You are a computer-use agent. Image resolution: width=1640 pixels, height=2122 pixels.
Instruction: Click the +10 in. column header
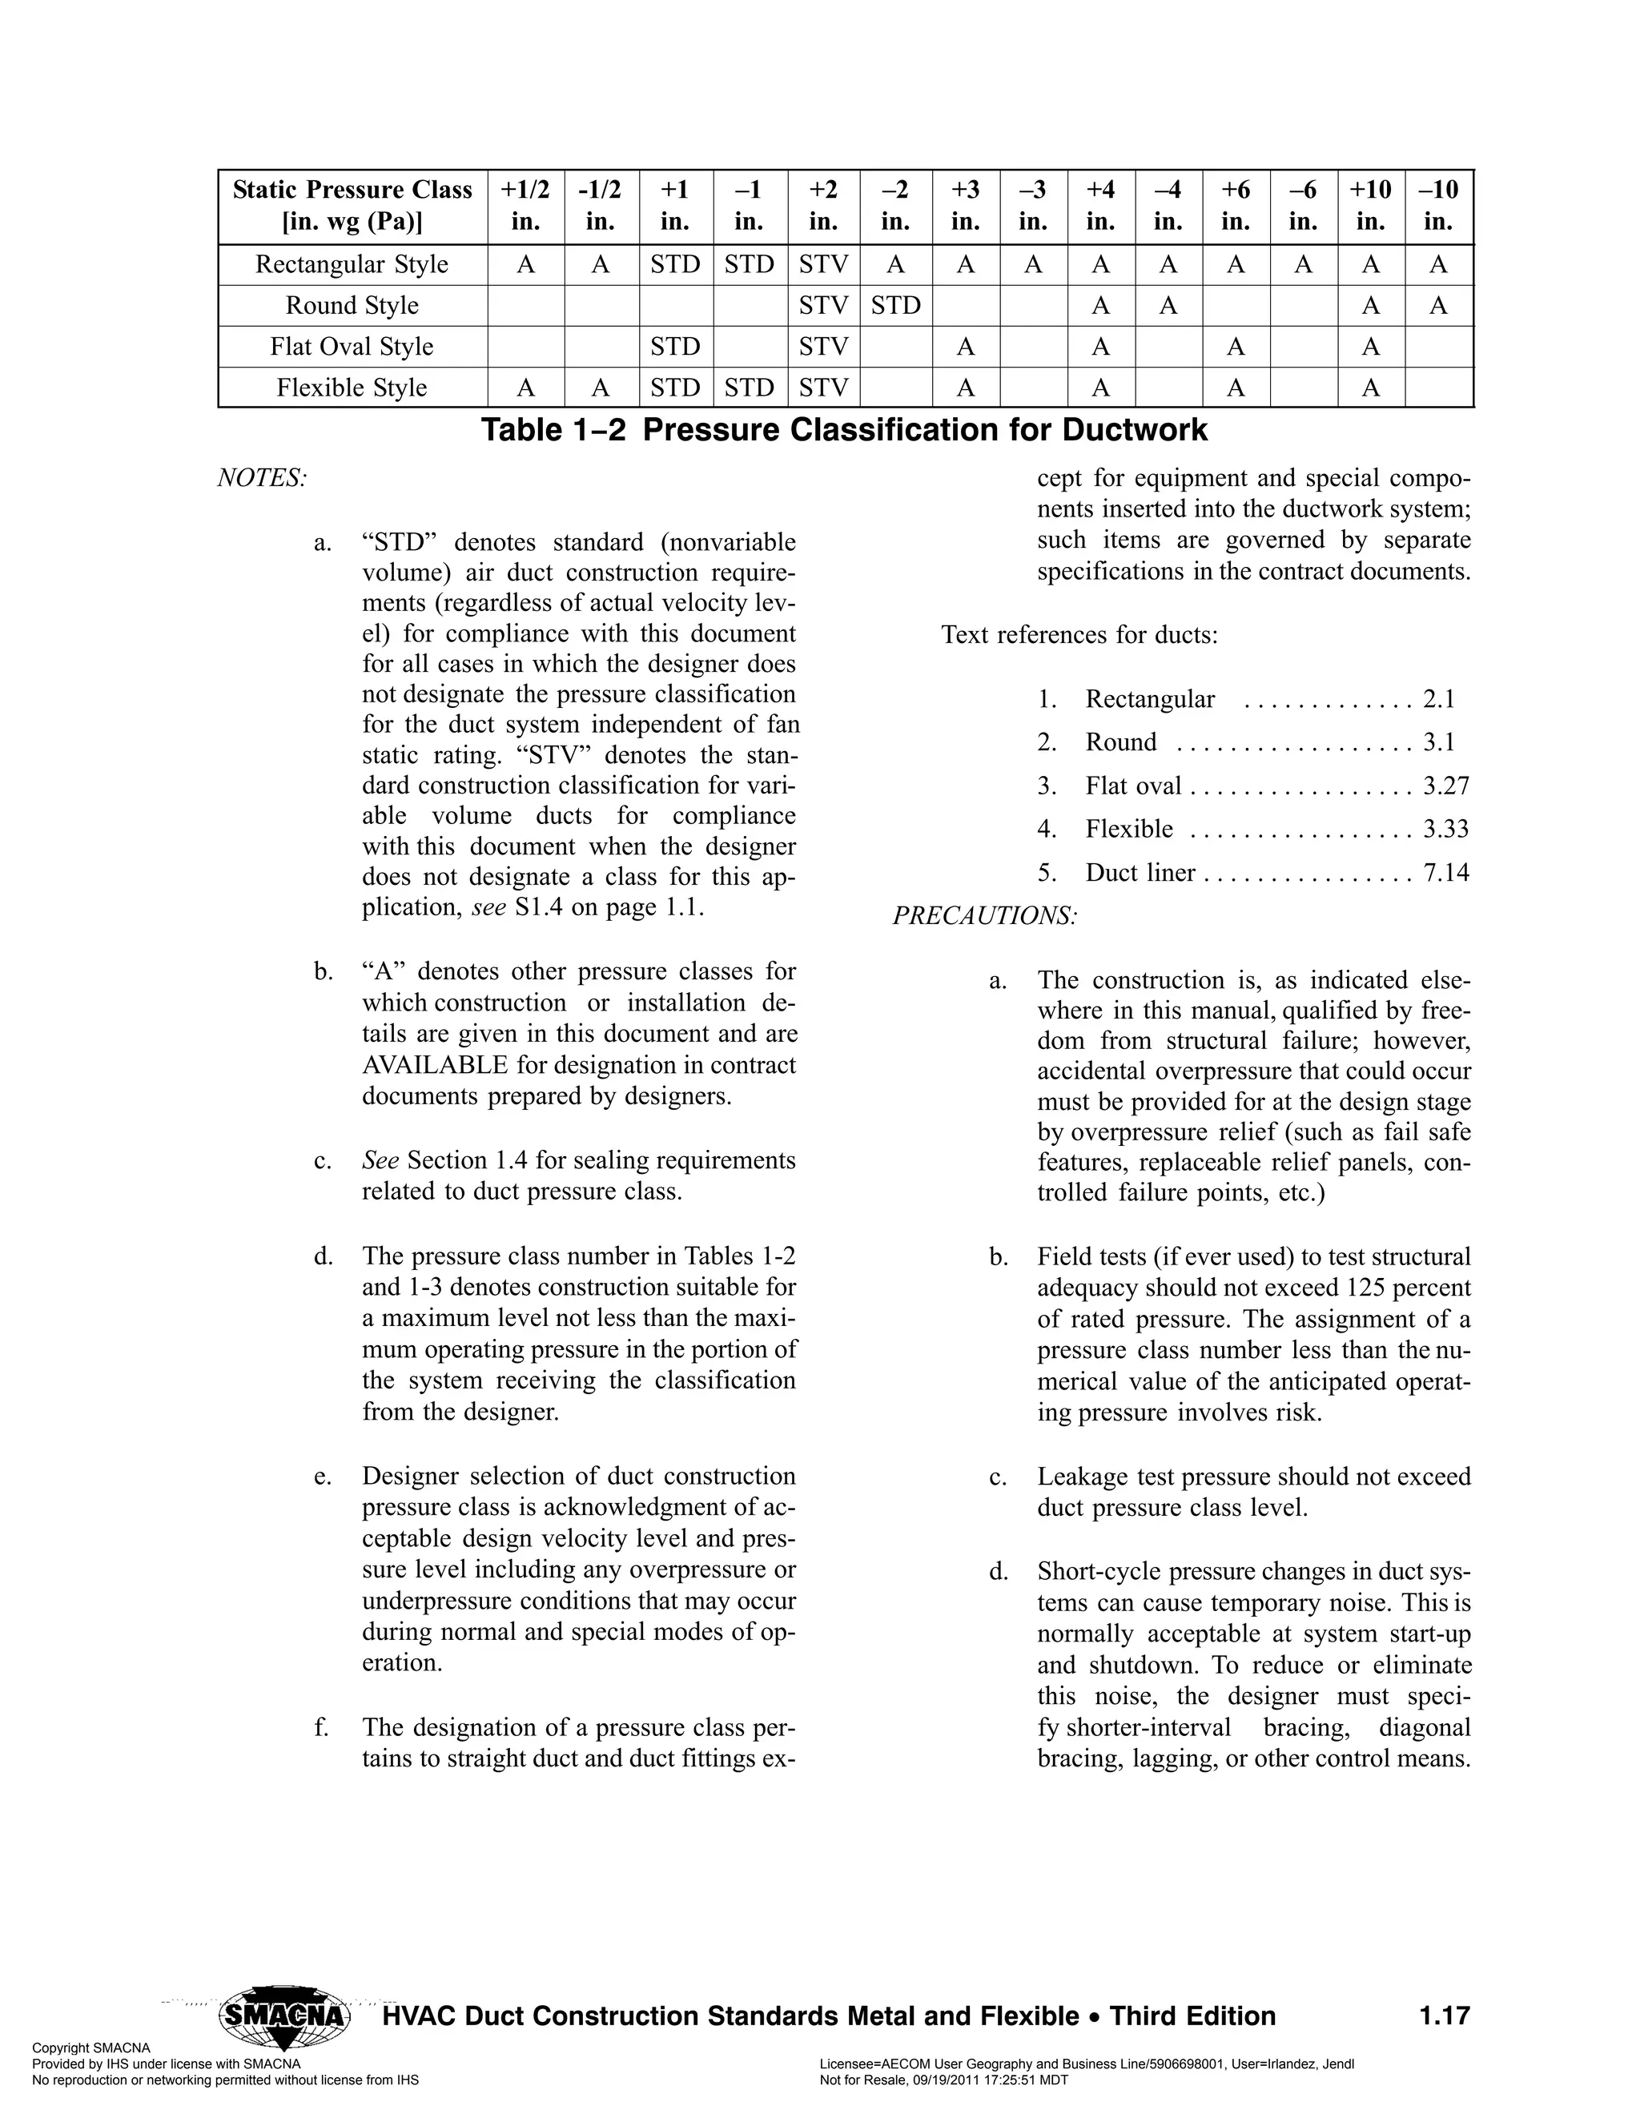coord(1370,205)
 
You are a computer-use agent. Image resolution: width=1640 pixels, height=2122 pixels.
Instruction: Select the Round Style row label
coord(352,305)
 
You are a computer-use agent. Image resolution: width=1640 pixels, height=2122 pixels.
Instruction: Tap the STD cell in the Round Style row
coord(894,305)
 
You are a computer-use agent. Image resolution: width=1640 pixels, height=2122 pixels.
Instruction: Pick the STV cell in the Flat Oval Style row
coord(823,346)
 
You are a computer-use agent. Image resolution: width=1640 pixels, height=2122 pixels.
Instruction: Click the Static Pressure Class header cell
coord(352,205)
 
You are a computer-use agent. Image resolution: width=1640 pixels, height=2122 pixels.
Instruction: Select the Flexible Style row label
coord(352,388)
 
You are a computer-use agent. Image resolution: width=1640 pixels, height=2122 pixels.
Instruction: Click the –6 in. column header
coord(1303,205)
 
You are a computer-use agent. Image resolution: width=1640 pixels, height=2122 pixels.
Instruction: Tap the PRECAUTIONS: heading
coord(985,915)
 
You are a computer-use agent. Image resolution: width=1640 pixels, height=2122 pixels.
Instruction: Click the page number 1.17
coord(1444,2016)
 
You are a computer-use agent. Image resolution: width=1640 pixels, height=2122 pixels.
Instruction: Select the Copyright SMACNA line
coord(91,2048)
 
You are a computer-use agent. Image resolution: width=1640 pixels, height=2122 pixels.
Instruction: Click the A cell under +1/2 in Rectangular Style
coord(525,264)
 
